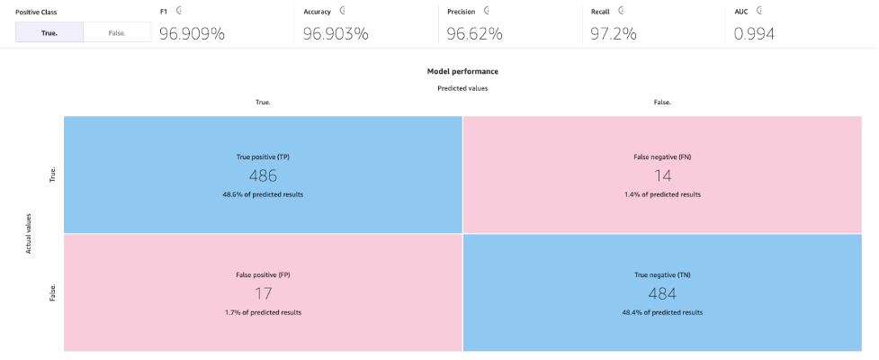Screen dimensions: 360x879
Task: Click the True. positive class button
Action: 49,33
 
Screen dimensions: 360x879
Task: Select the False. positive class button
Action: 117,33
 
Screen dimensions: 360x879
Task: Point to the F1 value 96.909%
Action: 192,34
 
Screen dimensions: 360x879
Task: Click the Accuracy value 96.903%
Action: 335,34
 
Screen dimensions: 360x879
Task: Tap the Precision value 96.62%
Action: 474,34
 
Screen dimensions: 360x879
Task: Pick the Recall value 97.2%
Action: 614,34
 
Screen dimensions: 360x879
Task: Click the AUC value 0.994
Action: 754,34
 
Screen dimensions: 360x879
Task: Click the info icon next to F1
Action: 179,11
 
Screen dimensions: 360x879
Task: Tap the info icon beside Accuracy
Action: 342,11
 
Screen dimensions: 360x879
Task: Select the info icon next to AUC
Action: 760,11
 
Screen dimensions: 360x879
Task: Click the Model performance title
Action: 462,71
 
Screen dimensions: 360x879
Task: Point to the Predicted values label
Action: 462,88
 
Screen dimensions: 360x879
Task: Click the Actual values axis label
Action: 29,232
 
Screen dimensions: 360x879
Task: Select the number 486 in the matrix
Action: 263,175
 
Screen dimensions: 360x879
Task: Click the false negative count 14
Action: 661,175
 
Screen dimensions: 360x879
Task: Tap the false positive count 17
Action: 263,293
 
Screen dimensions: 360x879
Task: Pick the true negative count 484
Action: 661,293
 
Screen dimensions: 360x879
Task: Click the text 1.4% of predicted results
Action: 661,194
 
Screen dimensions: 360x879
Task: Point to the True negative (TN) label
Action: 661,274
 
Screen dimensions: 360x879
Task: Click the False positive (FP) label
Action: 263,274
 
